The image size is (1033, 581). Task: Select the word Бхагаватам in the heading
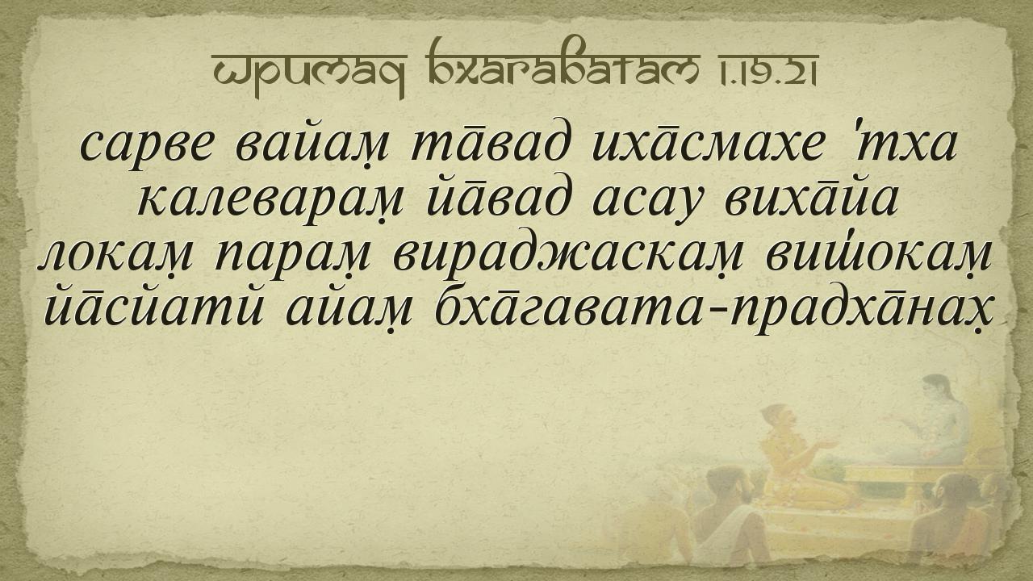[x=562, y=64]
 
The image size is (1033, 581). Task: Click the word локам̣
[x=115, y=257]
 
